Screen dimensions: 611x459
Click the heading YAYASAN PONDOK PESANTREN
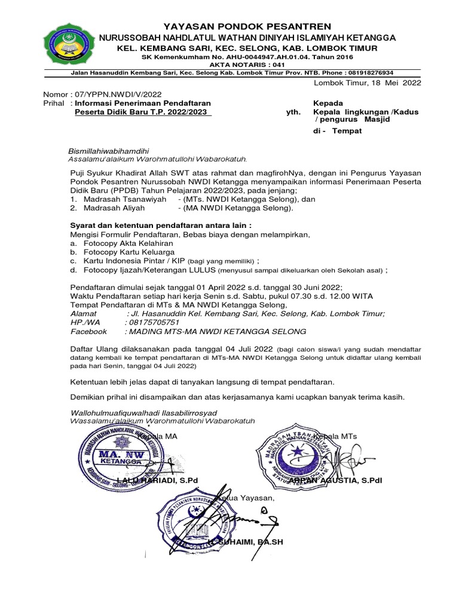(x=247, y=26)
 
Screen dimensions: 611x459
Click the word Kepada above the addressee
(x=328, y=103)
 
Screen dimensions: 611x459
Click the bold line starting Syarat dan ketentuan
(x=161, y=226)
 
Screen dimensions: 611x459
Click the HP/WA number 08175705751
(x=154, y=322)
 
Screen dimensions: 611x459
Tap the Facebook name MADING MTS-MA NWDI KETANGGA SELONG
(x=216, y=331)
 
